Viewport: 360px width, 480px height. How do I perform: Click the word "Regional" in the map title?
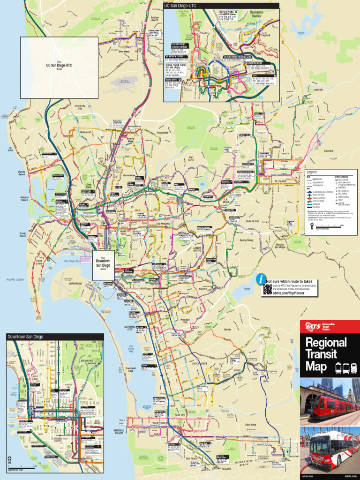(x=326, y=343)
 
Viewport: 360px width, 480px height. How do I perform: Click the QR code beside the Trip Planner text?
(x=267, y=289)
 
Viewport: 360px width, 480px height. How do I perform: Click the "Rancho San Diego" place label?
(x=280, y=246)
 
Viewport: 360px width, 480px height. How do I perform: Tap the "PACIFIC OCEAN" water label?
(x=15, y=279)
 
